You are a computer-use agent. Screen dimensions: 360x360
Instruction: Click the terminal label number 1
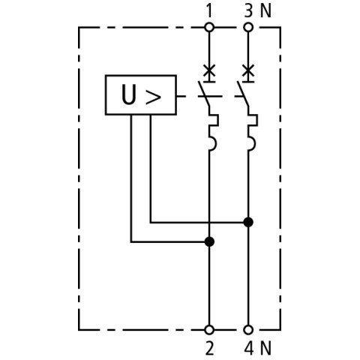point(209,11)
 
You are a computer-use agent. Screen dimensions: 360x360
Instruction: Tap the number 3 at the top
point(248,11)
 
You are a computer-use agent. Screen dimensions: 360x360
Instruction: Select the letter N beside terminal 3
point(265,11)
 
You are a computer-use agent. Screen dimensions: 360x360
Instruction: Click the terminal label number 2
point(209,349)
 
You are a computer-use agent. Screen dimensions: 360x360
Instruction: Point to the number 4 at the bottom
point(249,349)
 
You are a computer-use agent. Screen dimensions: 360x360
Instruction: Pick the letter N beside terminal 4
point(265,349)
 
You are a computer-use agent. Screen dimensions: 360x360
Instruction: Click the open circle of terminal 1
point(209,27)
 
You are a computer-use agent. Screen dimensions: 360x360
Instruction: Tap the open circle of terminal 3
point(248,27)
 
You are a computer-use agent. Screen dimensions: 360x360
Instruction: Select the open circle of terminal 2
point(209,330)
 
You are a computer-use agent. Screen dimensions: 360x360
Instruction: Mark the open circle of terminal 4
point(248,330)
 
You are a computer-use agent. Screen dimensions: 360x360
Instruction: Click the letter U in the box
point(129,94)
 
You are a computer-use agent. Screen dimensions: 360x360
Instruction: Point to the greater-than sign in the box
point(153,97)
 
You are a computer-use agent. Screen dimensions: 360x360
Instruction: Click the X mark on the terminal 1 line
point(209,70)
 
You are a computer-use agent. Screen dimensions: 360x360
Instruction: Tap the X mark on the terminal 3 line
point(248,70)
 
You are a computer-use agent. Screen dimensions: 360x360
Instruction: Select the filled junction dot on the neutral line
point(248,222)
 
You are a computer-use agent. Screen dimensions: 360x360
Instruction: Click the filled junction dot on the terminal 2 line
point(209,241)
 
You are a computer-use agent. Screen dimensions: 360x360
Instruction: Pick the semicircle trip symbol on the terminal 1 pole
point(212,143)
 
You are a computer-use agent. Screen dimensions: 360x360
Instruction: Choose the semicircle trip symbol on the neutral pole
point(251,143)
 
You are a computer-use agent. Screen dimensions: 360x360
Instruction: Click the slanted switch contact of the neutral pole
point(242,94)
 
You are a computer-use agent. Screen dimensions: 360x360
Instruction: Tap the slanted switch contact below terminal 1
point(203,94)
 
